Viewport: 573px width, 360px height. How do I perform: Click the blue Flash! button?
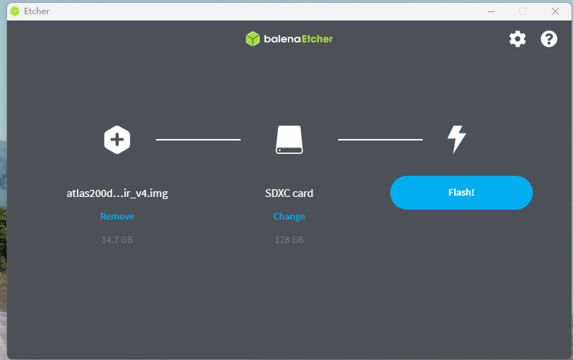point(461,193)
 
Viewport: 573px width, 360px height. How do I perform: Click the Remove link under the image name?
point(117,217)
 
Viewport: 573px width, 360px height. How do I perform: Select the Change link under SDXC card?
point(289,217)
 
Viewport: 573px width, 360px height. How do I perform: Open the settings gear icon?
point(517,39)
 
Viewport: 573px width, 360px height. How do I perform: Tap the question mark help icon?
point(549,39)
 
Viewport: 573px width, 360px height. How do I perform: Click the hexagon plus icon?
point(117,140)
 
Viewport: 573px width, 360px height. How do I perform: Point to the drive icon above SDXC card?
point(289,140)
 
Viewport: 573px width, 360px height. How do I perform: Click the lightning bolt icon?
point(457,140)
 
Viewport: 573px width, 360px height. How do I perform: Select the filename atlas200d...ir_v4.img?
point(117,193)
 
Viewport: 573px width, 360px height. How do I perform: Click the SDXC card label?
point(289,193)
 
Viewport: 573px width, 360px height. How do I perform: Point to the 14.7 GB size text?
point(117,240)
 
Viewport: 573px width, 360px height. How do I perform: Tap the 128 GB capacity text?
point(289,240)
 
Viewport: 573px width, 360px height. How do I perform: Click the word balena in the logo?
point(282,39)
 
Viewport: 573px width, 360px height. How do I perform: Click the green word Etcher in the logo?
point(317,39)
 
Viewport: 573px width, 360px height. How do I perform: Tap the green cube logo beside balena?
point(253,39)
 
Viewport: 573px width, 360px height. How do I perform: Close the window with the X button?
point(555,11)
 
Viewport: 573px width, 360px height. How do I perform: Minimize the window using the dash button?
point(491,11)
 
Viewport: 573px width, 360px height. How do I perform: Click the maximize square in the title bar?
point(523,11)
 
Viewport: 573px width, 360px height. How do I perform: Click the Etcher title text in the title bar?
point(37,11)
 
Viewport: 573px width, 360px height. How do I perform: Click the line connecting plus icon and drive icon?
point(198,140)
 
